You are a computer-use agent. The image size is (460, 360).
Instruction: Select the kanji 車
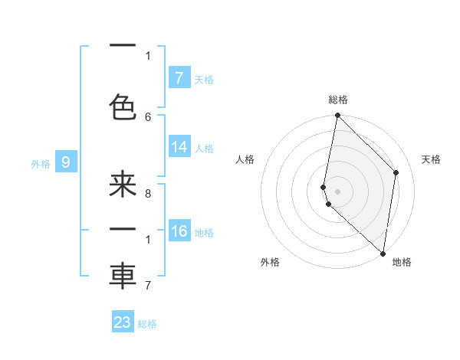click(123, 277)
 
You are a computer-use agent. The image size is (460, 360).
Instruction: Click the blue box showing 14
click(179, 147)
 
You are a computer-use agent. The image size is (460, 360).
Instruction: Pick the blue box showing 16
click(179, 231)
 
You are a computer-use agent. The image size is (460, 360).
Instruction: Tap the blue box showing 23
click(123, 322)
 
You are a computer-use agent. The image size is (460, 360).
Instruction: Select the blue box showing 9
click(66, 162)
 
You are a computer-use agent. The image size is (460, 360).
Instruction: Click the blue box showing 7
click(179, 78)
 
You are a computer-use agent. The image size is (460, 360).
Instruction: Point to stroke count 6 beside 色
click(148, 116)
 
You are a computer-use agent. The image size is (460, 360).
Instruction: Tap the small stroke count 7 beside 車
click(148, 286)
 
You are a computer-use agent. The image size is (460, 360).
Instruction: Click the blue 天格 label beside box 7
click(204, 79)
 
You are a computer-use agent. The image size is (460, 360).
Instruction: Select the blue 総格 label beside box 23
click(147, 323)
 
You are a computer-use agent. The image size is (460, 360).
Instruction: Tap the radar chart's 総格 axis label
click(338, 100)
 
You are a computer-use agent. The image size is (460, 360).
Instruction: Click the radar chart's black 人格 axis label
click(245, 159)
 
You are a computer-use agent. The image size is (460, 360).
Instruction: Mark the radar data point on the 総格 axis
click(337, 116)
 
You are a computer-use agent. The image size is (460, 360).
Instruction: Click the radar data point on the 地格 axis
click(383, 254)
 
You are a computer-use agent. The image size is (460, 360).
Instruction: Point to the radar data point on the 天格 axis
click(396, 172)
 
